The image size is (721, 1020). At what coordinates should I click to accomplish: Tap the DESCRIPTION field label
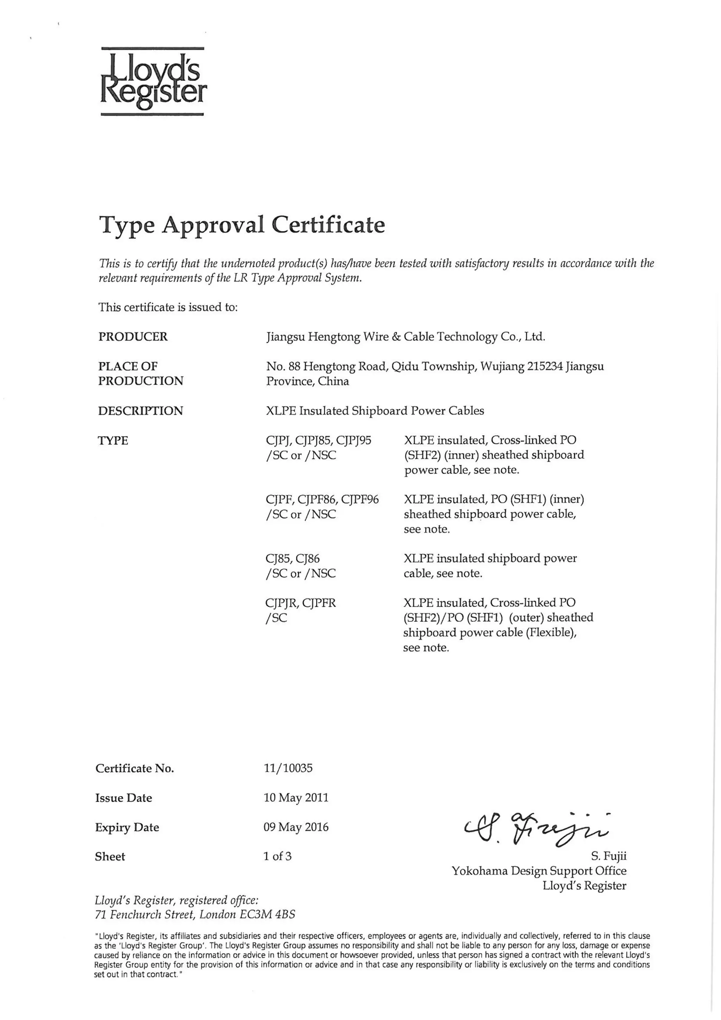tap(140, 411)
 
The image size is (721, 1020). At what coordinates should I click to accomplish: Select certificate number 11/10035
tap(288, 768)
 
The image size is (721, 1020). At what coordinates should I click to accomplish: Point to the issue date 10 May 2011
tap(296, 797)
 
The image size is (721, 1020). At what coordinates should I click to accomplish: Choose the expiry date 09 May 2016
tap(296, 827)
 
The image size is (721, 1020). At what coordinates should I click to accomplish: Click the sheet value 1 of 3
tap(277, 856)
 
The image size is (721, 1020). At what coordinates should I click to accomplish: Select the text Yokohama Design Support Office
tap(539, 871)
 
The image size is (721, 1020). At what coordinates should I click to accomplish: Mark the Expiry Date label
tap(127, 827)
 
